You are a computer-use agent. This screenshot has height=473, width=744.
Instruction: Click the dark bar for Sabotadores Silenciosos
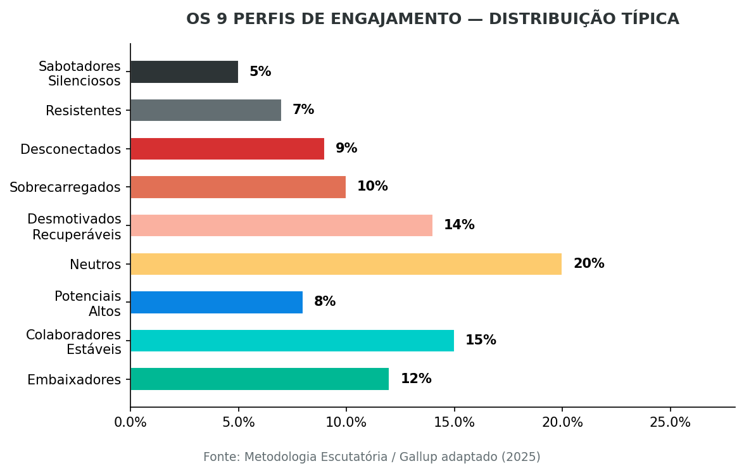point(184,72)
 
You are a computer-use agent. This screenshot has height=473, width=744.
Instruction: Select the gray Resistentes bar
point(206,110)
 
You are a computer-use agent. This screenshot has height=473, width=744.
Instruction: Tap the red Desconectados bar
point(227,149)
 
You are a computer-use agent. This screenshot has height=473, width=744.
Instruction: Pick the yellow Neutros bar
point(346,264)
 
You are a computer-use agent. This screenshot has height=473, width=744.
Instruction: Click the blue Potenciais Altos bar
point(217,302)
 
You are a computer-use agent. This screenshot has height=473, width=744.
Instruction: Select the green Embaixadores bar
point(260,379)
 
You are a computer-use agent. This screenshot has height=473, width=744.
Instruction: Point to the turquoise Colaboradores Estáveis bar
point(292,341)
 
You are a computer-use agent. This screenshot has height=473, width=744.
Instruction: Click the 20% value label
point(588,264)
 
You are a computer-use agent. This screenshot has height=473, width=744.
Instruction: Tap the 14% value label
point(458,225)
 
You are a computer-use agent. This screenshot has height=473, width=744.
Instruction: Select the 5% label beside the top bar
point(260,72)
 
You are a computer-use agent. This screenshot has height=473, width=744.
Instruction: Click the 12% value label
point(415,379)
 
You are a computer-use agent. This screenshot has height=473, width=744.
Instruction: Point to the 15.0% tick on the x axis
point(454,422)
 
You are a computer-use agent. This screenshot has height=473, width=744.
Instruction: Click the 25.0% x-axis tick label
point(670,422)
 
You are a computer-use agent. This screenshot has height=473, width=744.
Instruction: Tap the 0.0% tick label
point(130,422)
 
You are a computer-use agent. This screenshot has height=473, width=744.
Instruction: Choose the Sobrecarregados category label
point(65,187)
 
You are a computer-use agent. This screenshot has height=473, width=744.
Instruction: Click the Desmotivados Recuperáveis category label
point(74,227)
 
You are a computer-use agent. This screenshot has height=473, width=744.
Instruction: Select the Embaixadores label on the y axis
point(73,380)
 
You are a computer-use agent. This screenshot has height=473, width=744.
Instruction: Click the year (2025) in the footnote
point(520,457)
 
